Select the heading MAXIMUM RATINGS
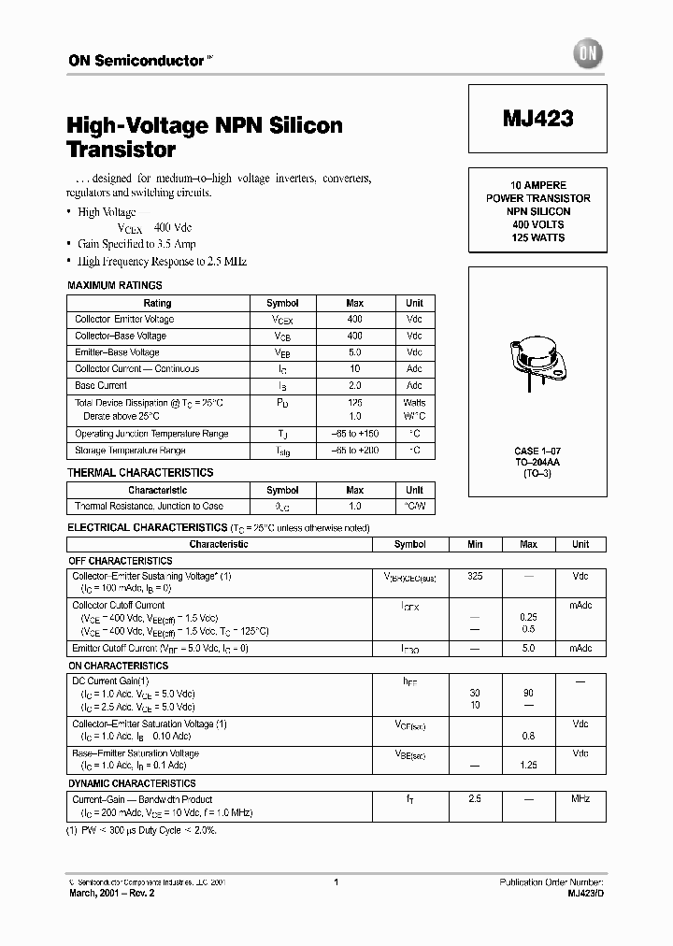click(115, 285)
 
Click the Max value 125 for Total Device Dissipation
click(354, 402)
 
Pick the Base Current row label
click(101, 385)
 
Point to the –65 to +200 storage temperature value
click(354, 451)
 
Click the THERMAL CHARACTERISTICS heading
click(140, 473)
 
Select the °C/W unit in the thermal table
click(414, 507)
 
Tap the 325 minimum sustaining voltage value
click(475, 577)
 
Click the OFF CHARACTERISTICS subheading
click(121, 561)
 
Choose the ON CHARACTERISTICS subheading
click(119, 666)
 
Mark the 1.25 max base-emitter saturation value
click(528, 765)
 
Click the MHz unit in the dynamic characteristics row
click(580, 799)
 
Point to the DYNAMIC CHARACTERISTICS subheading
click(132, 783)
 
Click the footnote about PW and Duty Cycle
click(141, 830)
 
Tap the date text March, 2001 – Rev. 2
click(112, 894)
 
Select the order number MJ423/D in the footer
click(585, 894)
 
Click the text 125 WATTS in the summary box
click(538, 237)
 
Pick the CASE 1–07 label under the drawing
click(538, 451)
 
